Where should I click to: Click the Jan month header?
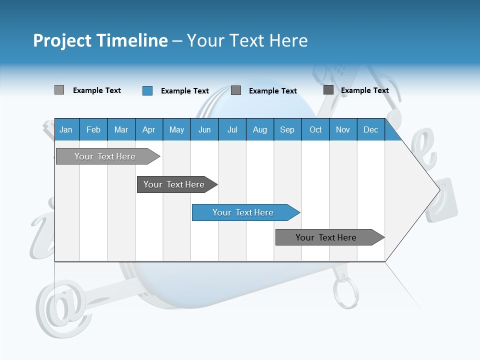pos(66,129)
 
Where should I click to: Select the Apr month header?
pos(148,129)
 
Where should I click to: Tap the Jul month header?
pos(232,129)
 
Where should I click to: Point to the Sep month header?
pos(287,129)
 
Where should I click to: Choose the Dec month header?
pos(370,129)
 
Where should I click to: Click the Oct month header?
pos(315,129)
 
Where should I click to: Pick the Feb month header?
pos(93,129)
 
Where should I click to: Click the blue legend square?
pos(147,90)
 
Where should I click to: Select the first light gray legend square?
pos(59,90)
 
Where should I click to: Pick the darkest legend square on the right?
pos(328,90)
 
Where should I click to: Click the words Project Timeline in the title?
pos(100,40)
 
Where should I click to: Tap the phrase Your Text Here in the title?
pos(247,40)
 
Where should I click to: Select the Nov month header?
pos(343,129)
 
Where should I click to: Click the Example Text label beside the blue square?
pos(184,91)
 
